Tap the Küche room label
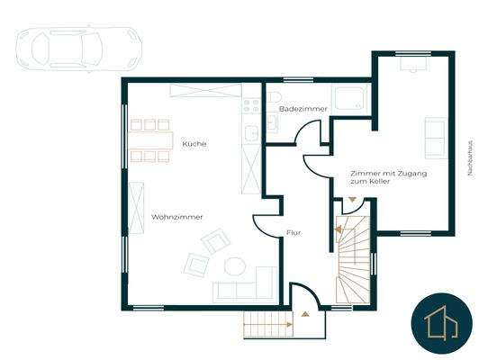194,144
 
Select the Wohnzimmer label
176,217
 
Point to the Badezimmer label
296,108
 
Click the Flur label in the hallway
294,233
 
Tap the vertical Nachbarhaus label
470,157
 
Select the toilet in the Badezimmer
274,98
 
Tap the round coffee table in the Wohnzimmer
236,266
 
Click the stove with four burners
249,105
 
